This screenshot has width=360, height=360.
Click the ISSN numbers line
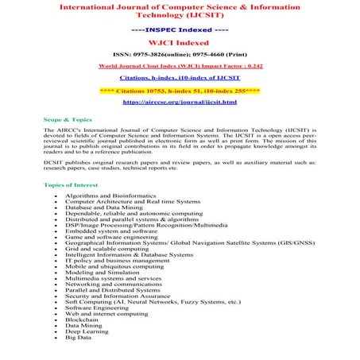click(x=180, y=54)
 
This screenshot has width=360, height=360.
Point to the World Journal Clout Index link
click(x=180, y=66)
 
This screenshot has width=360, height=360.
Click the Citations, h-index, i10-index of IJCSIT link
click(x=180, y=78)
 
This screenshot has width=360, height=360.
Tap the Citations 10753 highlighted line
click(x=180, y=90)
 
